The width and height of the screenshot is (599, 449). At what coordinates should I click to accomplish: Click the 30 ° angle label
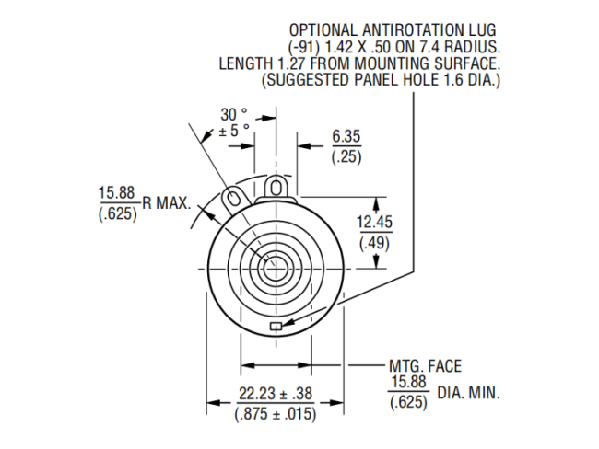233,114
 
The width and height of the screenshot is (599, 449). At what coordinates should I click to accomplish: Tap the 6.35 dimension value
346,137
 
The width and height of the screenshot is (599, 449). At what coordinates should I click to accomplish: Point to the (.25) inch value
346,156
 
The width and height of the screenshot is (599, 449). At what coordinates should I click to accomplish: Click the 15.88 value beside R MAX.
117,193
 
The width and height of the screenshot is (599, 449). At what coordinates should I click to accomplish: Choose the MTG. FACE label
426,364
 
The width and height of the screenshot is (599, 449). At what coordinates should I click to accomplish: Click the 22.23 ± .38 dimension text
276,393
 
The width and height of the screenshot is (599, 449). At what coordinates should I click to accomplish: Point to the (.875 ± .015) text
276,414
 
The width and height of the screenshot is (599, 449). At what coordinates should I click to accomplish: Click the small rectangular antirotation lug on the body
274,326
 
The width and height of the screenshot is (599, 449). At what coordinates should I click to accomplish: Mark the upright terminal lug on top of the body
276,186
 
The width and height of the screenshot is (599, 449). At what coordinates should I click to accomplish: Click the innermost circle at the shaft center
275,270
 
